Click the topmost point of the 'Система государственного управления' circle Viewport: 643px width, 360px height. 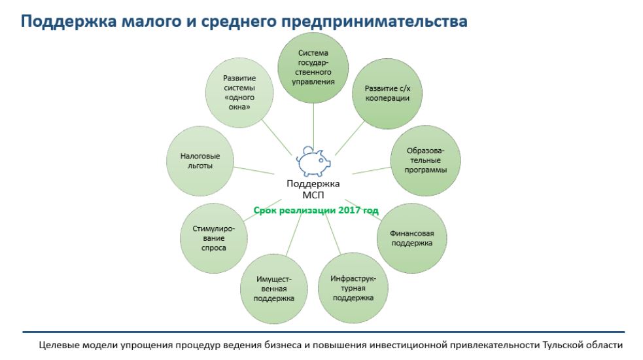(313, 33)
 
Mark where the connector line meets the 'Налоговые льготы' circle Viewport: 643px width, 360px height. (234, 167)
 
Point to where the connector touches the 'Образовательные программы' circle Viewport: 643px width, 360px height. (391, 167)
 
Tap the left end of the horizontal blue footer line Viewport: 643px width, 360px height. (22, 332)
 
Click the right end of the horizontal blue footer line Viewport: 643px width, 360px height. (625, 332)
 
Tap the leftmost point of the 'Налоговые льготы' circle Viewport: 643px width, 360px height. (166, 161)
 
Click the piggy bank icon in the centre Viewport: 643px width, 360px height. (313, 161)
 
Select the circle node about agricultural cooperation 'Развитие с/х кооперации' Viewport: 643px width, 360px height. (387, 94)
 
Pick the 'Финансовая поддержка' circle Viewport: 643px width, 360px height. (411, 238)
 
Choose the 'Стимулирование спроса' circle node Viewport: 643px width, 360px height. (214, 238)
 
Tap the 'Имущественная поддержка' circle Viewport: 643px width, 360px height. (274, 289)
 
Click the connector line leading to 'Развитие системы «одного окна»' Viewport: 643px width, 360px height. (277, 137)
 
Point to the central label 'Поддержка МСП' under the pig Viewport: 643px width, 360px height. (313, 189)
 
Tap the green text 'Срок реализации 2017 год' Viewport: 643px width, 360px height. (316, 211)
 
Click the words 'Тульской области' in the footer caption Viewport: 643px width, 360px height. (583, 345)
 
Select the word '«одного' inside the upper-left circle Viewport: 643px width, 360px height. (239, 98)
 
